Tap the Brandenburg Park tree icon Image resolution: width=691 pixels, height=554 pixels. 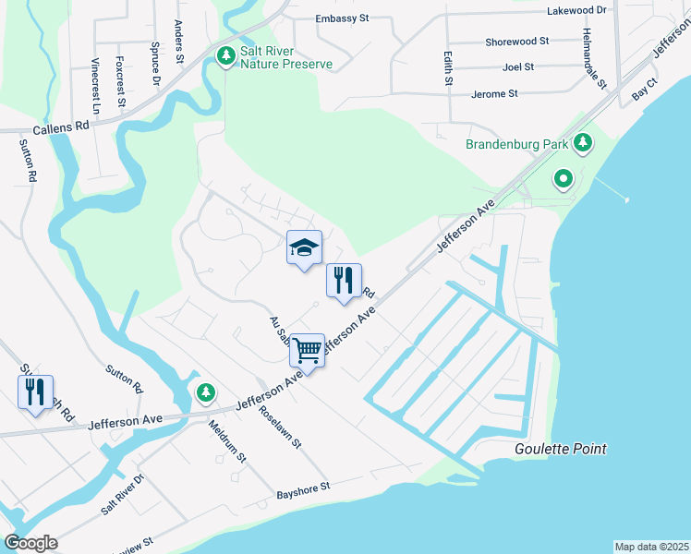tap(582, 143)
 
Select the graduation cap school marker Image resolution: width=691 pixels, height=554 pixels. tap(304, 248)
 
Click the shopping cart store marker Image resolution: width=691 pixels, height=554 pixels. tap(307, 351)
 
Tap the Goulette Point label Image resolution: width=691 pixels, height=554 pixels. tap(561, 450)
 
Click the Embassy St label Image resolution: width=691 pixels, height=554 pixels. tap(343, 18)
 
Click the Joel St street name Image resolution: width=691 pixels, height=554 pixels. tap(518, 67)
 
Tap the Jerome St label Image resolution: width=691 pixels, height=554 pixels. tap(494, 94)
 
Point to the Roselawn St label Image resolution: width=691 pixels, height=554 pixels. tap(281, 427)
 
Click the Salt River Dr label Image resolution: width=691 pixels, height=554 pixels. tap(123, 496)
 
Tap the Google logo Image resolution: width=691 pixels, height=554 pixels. tap(30, 543)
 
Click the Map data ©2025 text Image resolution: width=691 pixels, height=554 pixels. tap(651, 547)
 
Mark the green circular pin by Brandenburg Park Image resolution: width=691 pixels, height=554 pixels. tap(563, 177)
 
